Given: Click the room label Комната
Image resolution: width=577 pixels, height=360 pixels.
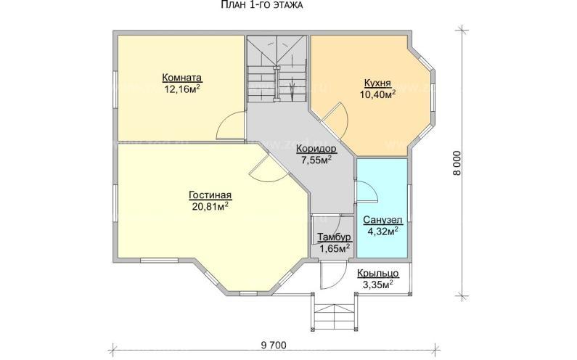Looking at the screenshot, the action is point(181,78).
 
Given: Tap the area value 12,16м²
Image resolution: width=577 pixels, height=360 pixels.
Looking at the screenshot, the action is point(182,89).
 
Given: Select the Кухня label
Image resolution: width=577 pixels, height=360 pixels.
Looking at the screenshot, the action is point(377,83).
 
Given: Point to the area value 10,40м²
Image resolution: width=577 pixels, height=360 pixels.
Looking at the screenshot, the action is point(378,94).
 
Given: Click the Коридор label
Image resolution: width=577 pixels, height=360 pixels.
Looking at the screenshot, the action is point(316,149).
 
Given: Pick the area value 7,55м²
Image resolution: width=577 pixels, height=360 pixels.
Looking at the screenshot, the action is point(316,160).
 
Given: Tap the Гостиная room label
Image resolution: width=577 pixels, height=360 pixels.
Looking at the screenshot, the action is point(210,195).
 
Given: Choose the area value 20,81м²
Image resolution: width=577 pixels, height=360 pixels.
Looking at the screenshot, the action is point(210,207).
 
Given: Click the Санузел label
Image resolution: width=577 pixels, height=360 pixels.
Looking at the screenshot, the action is point(382,220).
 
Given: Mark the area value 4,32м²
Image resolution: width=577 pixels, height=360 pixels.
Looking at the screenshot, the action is point(382,231).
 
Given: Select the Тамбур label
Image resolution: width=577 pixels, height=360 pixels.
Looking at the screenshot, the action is point(334,237).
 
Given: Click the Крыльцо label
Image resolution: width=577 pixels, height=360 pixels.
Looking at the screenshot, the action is point(377,274).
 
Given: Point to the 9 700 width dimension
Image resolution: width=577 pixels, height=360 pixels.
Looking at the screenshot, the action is point(274,345).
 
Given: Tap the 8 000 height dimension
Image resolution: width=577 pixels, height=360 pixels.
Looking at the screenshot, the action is point(457,163).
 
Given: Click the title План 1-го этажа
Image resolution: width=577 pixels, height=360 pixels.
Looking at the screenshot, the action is point(261,5).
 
